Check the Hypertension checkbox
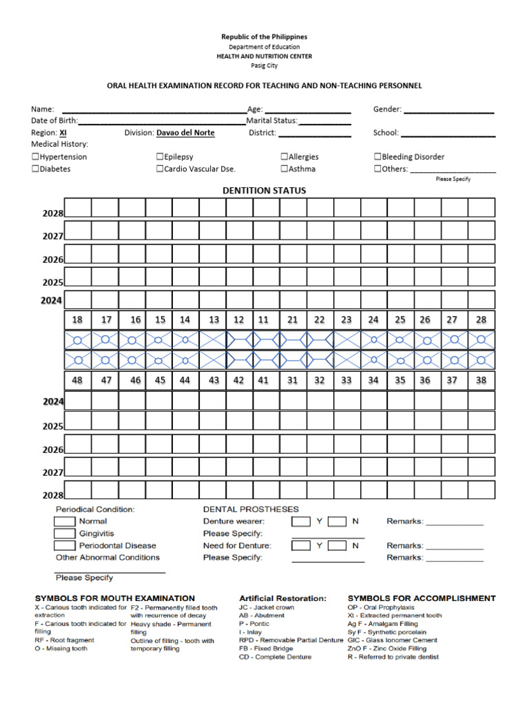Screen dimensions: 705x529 point(35,157)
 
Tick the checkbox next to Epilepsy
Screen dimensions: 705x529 point(160,157)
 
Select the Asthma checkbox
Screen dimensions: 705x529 point(284,169)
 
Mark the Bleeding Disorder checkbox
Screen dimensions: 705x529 point(378,157)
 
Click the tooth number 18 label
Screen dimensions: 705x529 point(77,319)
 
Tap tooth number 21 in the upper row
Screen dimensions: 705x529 point(293,319)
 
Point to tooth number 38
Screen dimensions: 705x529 point(481,380)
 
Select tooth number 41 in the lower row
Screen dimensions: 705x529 point(263,380)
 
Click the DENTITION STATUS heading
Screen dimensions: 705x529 point(264,191)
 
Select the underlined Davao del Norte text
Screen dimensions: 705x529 point(185,133)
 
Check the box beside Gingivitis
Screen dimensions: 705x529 point(65,534)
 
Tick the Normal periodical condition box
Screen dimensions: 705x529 point(65,522)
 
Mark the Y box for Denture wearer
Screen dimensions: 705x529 point(301,521)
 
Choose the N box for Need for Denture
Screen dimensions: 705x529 point(337,545)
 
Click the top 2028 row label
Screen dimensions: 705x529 point(52,213)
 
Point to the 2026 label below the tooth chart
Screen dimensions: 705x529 point(52,450)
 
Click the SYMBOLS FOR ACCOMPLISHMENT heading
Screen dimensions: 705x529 point(422,598)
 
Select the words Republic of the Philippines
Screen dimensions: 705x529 point(264,36)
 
